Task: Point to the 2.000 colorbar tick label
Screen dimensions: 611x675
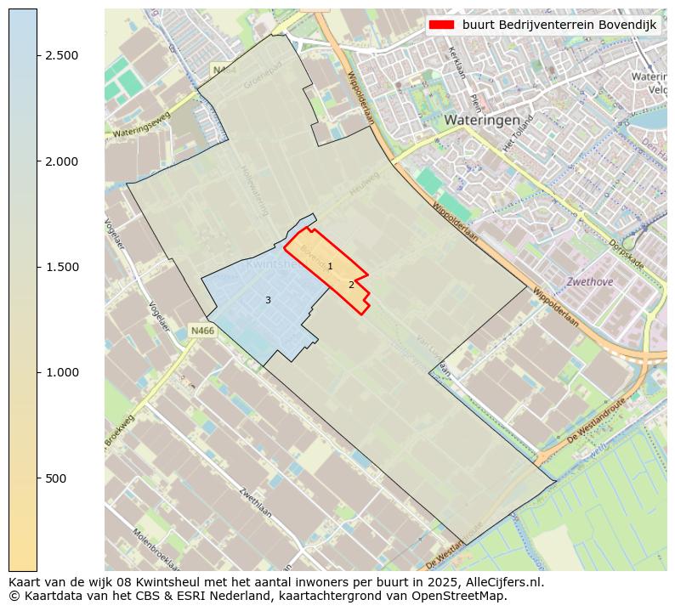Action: (x=61, y=161)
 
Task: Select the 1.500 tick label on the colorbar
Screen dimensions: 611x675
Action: (x=61, y=267)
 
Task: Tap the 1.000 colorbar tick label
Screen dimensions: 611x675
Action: (x=61, y=372)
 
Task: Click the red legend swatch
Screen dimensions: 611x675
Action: (x=443, y=25)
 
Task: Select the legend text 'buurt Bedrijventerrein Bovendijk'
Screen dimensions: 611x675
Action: (x=559, y=25)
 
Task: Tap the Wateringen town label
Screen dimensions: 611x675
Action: (x=481, y=121)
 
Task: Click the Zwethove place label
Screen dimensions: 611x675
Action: (x=589, y=281)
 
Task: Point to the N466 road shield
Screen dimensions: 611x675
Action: (x=201, y=331)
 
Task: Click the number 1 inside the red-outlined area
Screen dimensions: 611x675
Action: (x=330, y=267)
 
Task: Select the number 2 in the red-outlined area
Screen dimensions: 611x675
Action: (x=351, y=285)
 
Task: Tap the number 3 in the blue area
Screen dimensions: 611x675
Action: (x=268, y=300)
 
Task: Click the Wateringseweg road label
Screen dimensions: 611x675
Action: (x=142, y=125)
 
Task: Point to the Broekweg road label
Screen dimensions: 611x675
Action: (x=120, y=431)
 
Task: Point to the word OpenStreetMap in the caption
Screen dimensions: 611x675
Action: (x=460, y=596)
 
